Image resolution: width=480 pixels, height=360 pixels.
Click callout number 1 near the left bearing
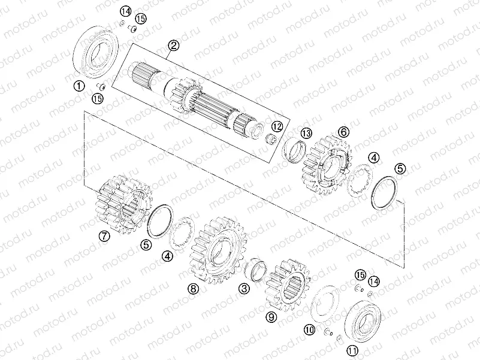(x=79, y=86)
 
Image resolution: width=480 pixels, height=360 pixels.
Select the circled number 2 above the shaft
(x=173, y=46)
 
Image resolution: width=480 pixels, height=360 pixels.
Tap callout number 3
(x=244, y=289)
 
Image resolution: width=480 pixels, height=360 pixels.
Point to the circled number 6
(x=343, y=131)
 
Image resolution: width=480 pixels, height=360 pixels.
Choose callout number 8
(x=192, y=289)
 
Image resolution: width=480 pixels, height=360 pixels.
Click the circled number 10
(x=309, y=329)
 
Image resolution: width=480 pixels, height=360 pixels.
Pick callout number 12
(x=277, y=127)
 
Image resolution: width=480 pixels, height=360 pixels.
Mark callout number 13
(x=306, y=132)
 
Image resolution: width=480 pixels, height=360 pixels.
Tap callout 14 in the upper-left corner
(x=125, y=11)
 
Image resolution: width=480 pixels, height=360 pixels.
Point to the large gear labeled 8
(x=219, y=250)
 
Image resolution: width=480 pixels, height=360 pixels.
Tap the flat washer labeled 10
(x=327, y=306)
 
